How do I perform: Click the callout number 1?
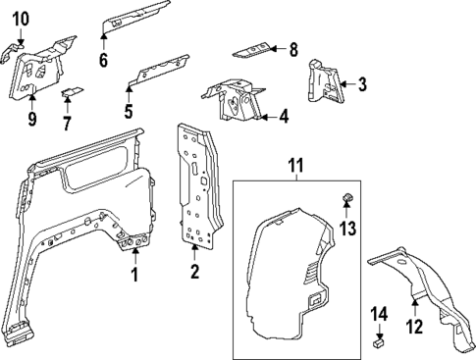[x=135, y=275]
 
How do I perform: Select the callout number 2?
[x=194, y=272]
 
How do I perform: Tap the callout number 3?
[x=361, y=84]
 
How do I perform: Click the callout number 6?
[x=103, y=60]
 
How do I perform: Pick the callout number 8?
[x=292, y=48]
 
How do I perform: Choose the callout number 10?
[x=21, y=18]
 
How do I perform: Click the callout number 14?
[x=378, y=313]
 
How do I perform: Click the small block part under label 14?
[x=379, y=343]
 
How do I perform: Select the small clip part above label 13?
[x=345, y=201]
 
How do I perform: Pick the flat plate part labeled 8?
[x=254, y=48]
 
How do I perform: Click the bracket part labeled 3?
[x=323, y=81]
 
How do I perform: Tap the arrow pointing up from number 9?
[x=31, y=97]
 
